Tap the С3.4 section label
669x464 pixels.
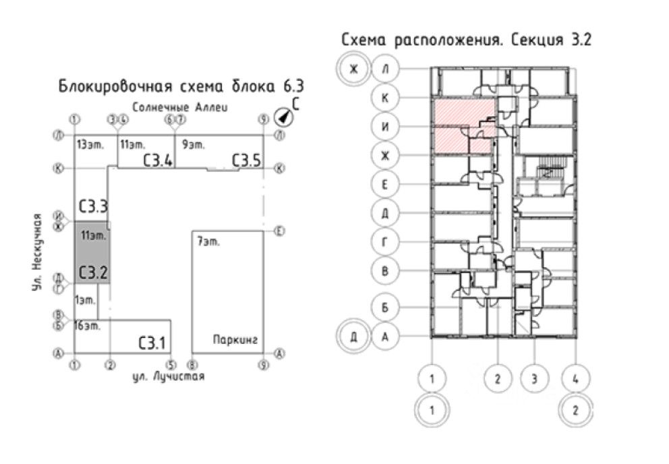157,161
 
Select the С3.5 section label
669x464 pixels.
245,161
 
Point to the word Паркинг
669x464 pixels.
235,339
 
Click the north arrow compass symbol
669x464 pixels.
284,117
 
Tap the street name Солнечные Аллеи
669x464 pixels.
181,107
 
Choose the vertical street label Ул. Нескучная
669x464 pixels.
38,252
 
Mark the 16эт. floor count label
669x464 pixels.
88,326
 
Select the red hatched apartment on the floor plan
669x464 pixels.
462,125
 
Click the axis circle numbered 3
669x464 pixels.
535,378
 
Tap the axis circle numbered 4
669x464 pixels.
575,378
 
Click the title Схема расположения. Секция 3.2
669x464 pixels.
466,40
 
